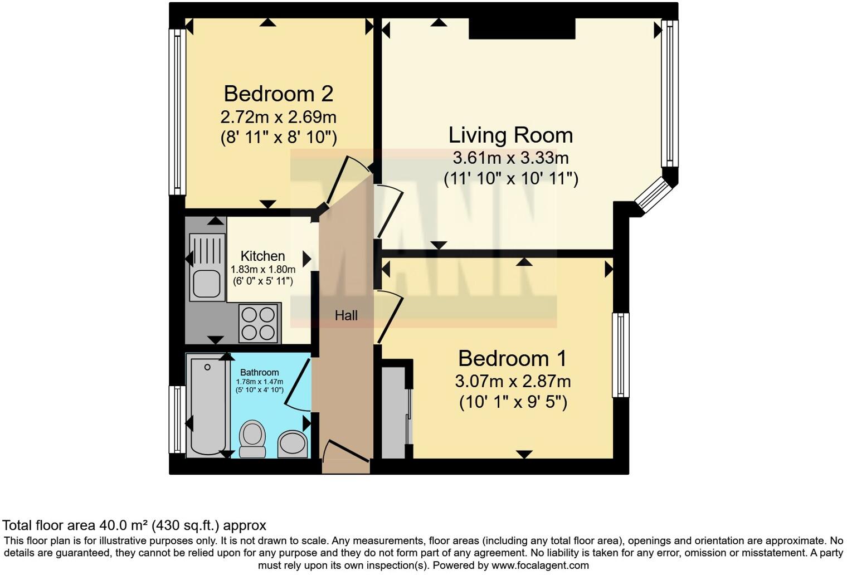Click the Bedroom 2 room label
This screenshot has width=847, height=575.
pyautogui.click(x=278, y=94)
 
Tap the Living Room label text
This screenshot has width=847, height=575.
pyautogui.click(x=510, y=135)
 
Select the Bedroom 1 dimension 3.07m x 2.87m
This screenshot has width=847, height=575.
pyautogui.click(x=513, y=382)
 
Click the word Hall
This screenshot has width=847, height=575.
pyautogui.click(x=346, y=315)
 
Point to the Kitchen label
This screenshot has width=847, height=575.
pyautogui.click(x=262, y=256)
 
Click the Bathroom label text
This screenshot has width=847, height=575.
pyautogui.click(x=259, y=373)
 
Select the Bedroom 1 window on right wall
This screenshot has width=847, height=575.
pyautogui.click(x=620, y=355)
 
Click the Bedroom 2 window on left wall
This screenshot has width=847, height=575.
pyautogui.click(x=177, y=111)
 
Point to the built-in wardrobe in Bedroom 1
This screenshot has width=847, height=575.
pyautogui.click(x=395, y=412)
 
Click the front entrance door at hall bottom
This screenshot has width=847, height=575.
pyautogui.click(x=345, y=451)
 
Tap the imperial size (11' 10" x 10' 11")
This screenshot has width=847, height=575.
pyautogui.click(x=510, y=179)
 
